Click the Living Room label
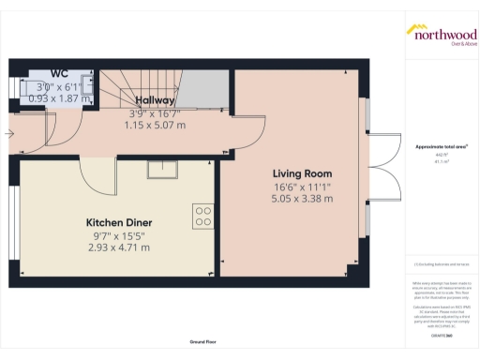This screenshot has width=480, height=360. (x=302, y=173)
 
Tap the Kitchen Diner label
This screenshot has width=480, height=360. (x=119, y=222)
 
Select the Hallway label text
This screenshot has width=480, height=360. (x=155, y=100)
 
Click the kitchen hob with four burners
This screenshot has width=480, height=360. (x=202, y=216)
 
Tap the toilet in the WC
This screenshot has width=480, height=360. (x=85, y=85)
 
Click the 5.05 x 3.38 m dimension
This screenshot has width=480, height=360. (x=302, y=198)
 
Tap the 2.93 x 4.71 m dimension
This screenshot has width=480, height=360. (x=119, y=247)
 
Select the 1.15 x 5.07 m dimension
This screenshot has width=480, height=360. (x=155, y=124)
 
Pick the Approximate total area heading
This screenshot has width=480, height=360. (x=440, y=147)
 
